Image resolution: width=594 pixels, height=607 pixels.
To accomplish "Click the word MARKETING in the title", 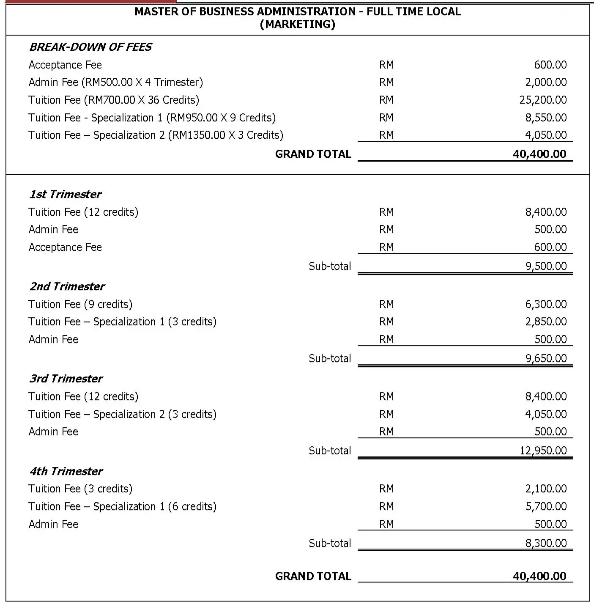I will click(297, 24).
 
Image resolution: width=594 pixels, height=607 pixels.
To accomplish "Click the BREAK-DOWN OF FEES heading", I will click(90, 47).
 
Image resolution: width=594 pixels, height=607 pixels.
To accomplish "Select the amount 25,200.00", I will click(543, 100).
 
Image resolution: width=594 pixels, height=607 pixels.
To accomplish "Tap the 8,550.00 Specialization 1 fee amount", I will click(546, 118).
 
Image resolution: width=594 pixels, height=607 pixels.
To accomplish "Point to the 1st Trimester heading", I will click(65, 194).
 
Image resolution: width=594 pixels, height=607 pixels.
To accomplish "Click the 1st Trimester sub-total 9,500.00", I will click(546, 266).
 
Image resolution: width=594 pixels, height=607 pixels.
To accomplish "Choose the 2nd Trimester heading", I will click(67, 286).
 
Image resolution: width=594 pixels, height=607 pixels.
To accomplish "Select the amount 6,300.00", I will click(546, 304).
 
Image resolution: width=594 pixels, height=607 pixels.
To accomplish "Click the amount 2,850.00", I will click(546, 321).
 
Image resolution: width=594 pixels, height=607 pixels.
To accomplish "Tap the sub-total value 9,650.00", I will click(546, 358).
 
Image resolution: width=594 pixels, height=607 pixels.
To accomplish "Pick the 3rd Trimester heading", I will click(66, 379).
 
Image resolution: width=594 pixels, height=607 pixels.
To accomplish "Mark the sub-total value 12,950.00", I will click(543, 450).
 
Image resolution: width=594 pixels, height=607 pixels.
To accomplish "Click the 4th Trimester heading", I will click(66, 471).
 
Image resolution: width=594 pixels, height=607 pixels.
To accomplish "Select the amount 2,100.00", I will click(546, 489).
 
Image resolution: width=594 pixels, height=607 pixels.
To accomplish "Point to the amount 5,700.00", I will click(546, 506).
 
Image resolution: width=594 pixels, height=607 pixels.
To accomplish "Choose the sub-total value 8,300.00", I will click(546, 543).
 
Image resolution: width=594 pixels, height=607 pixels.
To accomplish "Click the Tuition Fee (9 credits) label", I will click(80, 304).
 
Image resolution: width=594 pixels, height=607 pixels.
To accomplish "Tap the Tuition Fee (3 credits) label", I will click(80, 489).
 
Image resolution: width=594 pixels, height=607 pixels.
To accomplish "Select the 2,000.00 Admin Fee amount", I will click(546, 82).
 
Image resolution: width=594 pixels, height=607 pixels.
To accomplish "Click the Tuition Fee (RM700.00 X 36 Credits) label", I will click(114, 100).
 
